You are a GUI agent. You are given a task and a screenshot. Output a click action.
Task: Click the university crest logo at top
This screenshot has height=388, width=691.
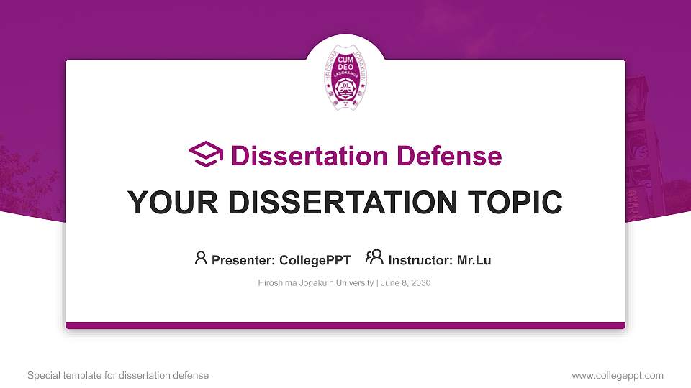click(345, 80)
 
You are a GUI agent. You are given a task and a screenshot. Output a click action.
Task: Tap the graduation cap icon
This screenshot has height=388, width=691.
click(206, 154)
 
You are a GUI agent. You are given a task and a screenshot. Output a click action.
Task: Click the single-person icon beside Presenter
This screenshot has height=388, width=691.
click(201, 258)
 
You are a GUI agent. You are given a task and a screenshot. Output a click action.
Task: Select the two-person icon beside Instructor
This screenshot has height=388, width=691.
click(374, 257)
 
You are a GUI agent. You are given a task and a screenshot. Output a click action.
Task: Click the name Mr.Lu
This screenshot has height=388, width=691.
click(474, 260)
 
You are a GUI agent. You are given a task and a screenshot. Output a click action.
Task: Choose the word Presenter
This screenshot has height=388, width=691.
click(243, 260)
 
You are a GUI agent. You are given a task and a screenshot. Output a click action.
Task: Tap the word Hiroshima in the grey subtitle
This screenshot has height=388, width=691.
click(276, 283)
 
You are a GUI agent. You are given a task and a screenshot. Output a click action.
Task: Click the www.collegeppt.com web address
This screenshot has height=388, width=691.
click(618, 375)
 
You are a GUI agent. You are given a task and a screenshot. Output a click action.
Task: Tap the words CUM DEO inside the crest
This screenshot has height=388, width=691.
click(345, 68)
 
